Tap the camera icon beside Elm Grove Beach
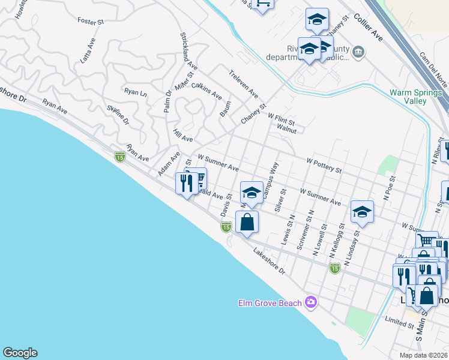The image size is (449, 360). tap(310, 302)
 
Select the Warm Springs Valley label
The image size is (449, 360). tap(416, 97)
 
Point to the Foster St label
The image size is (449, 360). tap(91, 21)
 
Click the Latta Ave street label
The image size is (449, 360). tap(88, 50)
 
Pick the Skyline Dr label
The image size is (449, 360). tap(118, 114)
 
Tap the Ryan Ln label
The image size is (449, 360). tap(135, 92)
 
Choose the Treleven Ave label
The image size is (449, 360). tap(243, 85)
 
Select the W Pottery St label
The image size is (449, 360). tap(324, 166)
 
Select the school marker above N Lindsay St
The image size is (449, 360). tap(362, 211)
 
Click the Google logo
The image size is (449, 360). tap(20, 353)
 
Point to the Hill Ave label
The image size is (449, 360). tap(182, 135)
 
